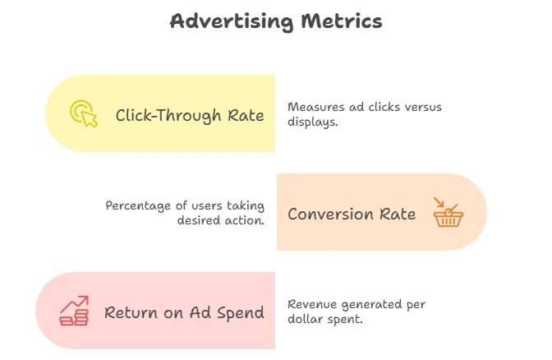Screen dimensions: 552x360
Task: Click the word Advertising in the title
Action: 232,21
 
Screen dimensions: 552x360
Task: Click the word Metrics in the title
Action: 342,21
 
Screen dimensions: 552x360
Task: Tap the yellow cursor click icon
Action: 84,113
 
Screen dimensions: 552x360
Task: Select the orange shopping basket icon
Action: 448,212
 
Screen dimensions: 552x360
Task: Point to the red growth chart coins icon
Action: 74,311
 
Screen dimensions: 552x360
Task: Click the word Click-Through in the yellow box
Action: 168,116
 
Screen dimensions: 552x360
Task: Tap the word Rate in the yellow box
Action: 246,116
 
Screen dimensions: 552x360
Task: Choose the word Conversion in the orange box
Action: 330,214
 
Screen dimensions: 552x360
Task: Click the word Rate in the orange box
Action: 398,214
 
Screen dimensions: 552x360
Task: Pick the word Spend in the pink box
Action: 241,313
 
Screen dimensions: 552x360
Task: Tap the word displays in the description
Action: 312,122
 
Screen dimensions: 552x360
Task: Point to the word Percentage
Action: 138,206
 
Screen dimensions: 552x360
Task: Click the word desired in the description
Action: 197,220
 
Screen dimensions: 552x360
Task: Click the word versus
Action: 423,107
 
